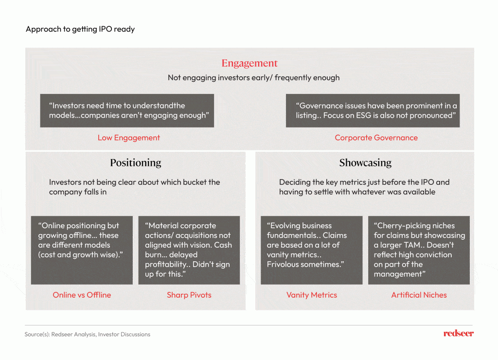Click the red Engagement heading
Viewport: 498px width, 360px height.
tap(249, 63)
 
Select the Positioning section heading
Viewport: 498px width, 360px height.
tap(135, 162)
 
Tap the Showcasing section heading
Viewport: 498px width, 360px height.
tap(365, 162)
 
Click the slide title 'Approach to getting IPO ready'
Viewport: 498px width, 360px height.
tap(80, 29)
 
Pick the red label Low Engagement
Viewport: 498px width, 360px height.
tap(129, 138)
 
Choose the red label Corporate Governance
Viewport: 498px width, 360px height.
tap(376, 138)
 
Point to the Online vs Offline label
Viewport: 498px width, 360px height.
tap(82, 295)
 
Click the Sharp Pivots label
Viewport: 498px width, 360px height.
tap(189, 295)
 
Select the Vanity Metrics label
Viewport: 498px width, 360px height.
tap(312, 295)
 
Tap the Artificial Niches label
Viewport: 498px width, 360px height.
tap(419, 295)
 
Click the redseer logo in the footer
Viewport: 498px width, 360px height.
tap(458, 334)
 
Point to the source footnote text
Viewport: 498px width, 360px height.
tap(88, 335)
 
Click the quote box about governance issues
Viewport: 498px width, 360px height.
tap(373, 110)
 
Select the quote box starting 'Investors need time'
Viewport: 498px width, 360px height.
tap(127, 110)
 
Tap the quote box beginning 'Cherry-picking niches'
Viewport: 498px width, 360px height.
tap(419, 250)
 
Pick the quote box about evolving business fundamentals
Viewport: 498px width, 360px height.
tap(312, 250)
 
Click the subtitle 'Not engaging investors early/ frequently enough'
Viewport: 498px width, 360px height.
tap(253, 78)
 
